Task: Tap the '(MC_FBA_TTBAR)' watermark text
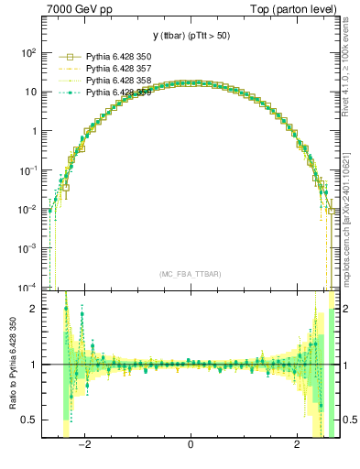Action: [190, 275]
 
